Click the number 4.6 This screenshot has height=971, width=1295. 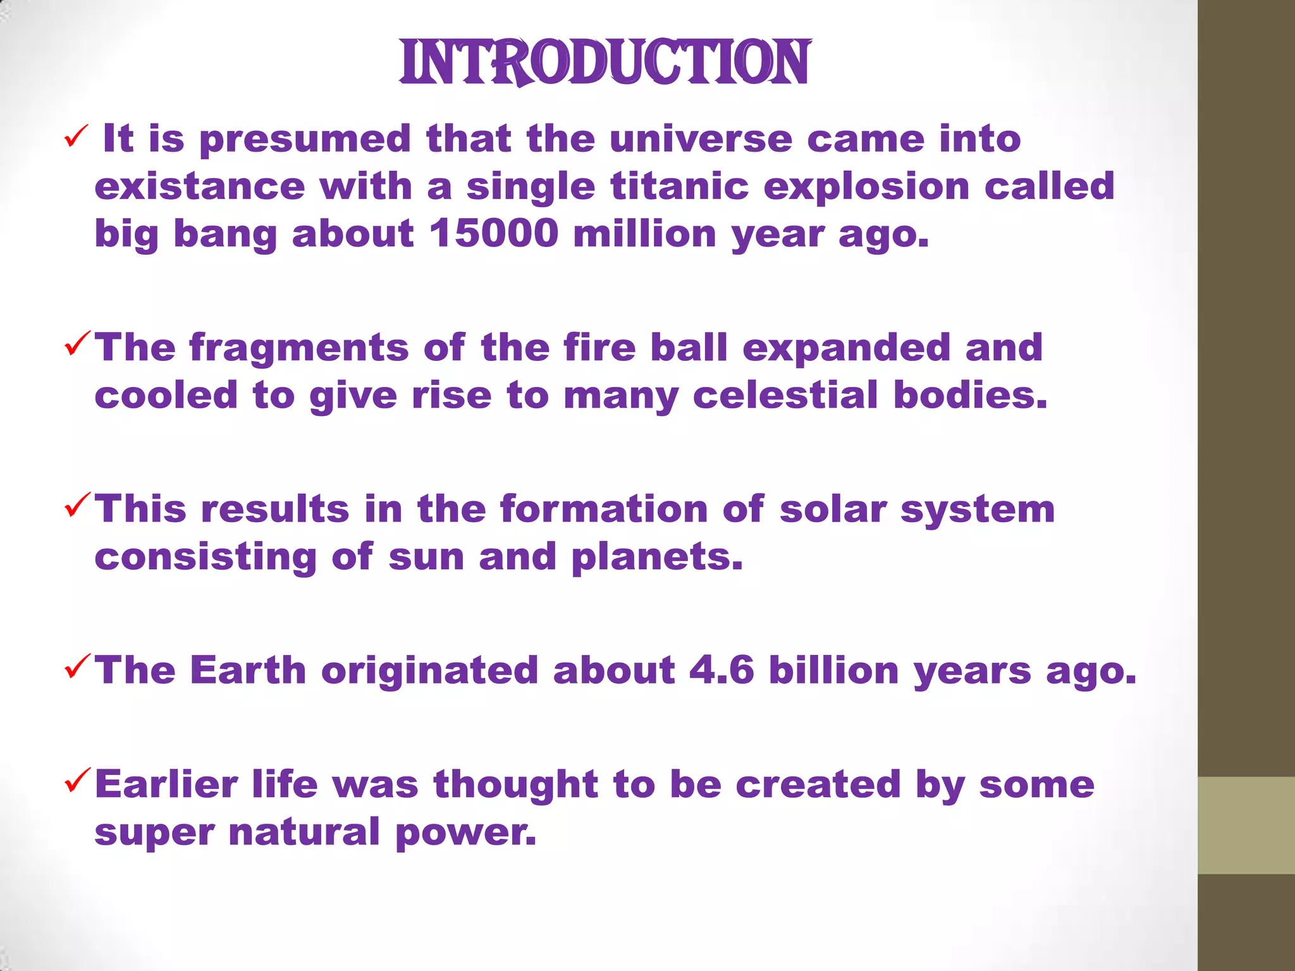pos(721,669)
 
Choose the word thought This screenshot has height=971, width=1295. pos(515,784)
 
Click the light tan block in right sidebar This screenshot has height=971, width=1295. pos(1246,824)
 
